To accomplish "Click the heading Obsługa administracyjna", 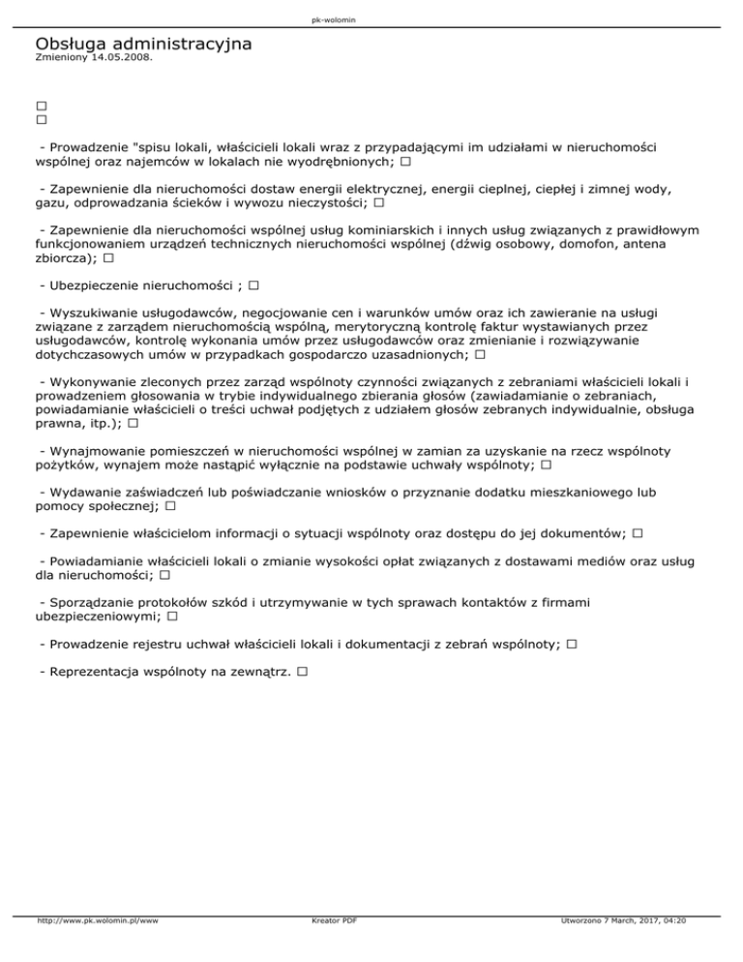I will pos(143,44).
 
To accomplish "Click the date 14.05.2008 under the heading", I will pos(123,58).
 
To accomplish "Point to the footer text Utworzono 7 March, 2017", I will pos(623,948).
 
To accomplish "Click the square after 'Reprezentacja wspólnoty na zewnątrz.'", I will pos(303,671).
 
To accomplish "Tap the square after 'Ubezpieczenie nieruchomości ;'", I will pos(253,286).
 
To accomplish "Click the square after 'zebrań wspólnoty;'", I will pos(573,644).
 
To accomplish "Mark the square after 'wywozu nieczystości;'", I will pos(378,204).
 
